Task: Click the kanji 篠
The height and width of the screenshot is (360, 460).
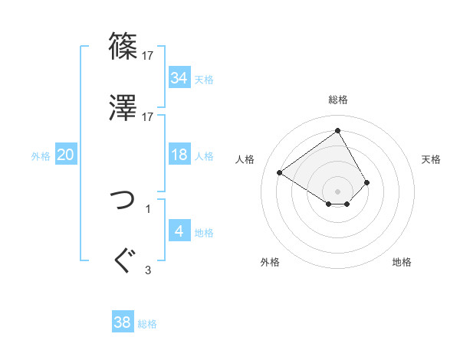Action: (123, 47)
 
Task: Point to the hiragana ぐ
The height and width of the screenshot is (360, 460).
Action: (123, 260)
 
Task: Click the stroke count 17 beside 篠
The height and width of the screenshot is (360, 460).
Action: (148, 56)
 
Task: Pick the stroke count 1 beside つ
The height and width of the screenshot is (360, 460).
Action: (148, 208)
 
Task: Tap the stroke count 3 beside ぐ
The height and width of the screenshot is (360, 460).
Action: (148, 269)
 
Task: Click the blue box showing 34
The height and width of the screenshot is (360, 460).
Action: (179, 78)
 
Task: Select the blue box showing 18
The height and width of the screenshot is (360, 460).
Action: (179, 155)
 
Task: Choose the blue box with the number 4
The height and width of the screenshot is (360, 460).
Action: (179, 231)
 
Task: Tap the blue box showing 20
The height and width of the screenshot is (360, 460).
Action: (65, 155)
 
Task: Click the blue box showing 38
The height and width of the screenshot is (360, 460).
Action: (123, 323)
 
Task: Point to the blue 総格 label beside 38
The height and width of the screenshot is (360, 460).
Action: (147, 324)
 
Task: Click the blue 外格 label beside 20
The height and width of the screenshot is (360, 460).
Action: (41, 155)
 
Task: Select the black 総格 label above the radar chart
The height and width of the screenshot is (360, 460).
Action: (338, 100)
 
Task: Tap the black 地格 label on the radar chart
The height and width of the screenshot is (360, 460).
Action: (402, 262)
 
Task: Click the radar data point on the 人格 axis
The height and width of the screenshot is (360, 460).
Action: (280, 173)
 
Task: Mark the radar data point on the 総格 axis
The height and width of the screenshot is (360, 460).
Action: (337, 130)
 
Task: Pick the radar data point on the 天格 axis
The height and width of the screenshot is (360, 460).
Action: (367, 182)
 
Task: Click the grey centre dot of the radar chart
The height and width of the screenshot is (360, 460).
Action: (337, 191)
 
